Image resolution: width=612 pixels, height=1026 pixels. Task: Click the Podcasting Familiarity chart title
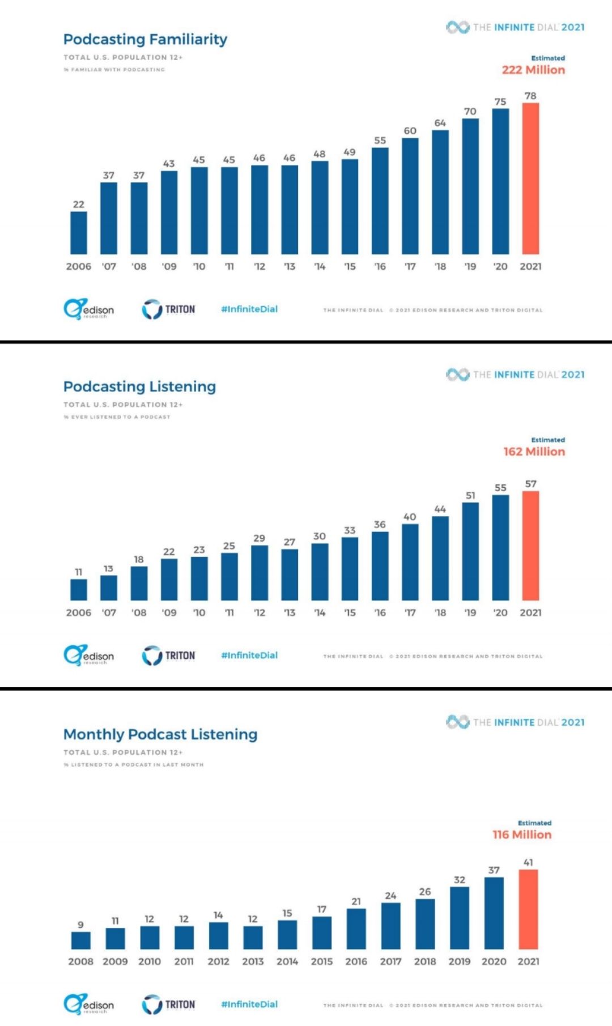(x=145, y=39)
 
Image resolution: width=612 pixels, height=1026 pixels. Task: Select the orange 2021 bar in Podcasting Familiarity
(x=530, y=178)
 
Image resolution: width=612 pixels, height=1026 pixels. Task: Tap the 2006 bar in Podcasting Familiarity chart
(x=79, y=233)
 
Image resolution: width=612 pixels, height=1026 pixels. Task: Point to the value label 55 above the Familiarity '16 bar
(x=380, y=141)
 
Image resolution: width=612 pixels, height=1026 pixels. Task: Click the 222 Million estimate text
(x=533, y=70)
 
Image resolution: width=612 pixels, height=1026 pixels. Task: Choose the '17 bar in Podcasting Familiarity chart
(x=410, y=195)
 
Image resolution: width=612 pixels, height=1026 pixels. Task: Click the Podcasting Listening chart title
(x=139, y=386)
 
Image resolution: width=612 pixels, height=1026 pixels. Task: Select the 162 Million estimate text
(x=534, y=452)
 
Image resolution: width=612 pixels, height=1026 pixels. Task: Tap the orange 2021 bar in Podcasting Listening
(x=530, y=546)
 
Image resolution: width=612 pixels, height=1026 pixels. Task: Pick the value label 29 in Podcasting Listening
(x=259, y=538)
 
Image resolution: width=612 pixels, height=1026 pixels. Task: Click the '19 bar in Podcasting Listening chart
(x=470, y=551)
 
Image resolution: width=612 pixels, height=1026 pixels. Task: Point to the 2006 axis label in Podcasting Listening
(x=79, y=612)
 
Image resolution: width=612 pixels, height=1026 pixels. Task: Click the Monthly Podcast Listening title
(x=160, y=734)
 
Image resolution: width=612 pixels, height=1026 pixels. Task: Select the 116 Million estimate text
(x=522, y=835)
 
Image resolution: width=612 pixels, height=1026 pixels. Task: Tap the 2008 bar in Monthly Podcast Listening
(x=80, y=940)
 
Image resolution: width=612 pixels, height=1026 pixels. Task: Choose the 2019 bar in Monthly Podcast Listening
(x=460, y=918)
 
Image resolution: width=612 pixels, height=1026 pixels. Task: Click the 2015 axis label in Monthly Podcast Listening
(x=322, y=961)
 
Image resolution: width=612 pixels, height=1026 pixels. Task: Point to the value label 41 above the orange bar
(x=528, y=862)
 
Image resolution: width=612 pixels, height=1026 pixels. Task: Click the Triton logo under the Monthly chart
(x=168, y=1004)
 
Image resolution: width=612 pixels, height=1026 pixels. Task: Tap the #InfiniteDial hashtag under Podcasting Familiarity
(x=249, y=309)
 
